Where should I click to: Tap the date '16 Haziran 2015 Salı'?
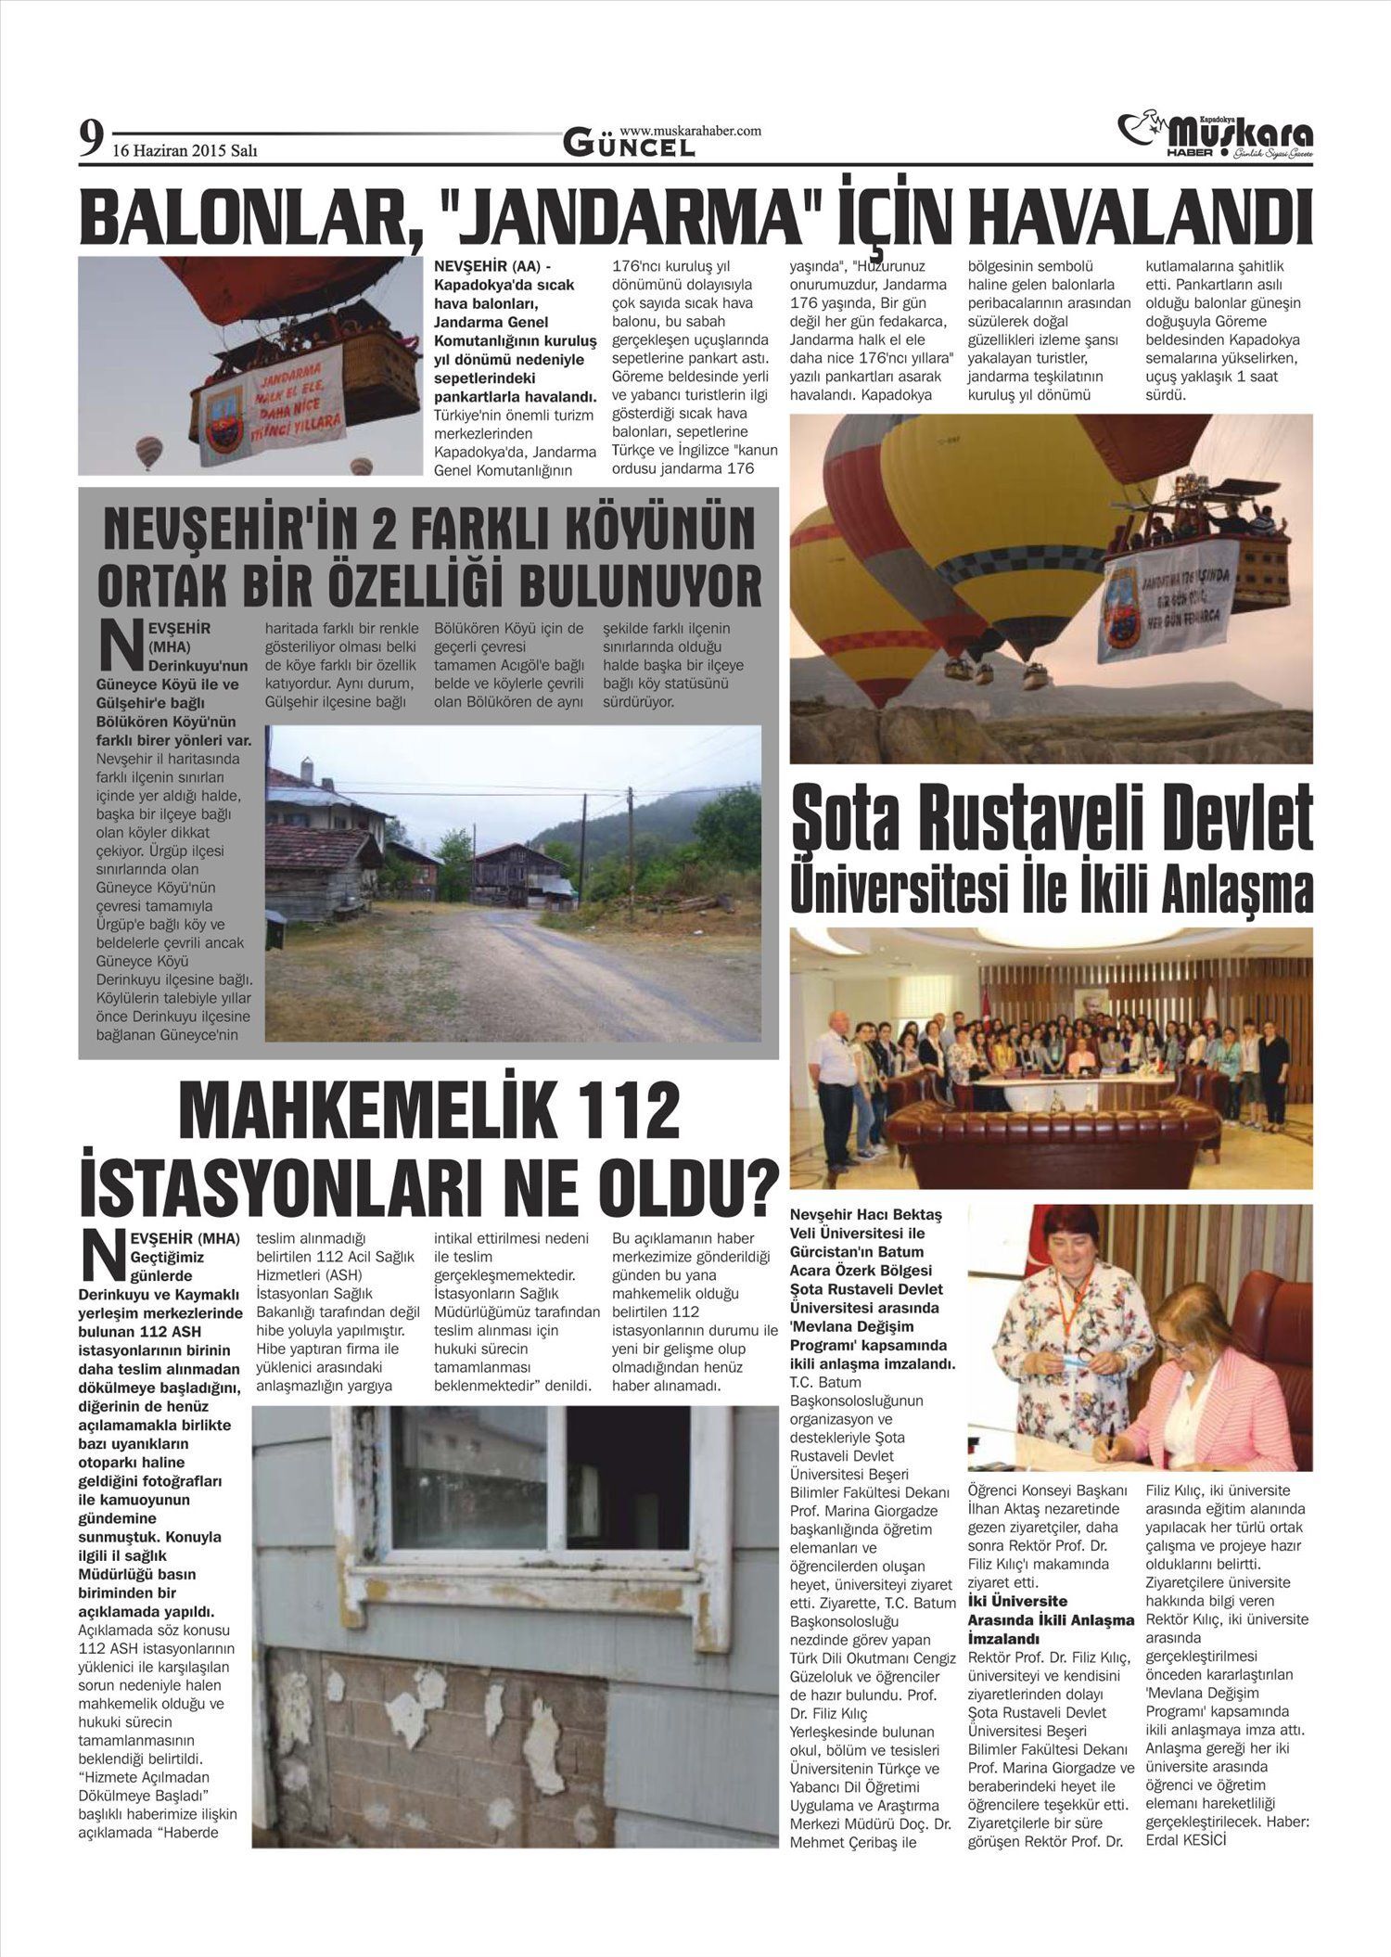(185, 151)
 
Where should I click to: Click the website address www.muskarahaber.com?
(690, 131)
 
